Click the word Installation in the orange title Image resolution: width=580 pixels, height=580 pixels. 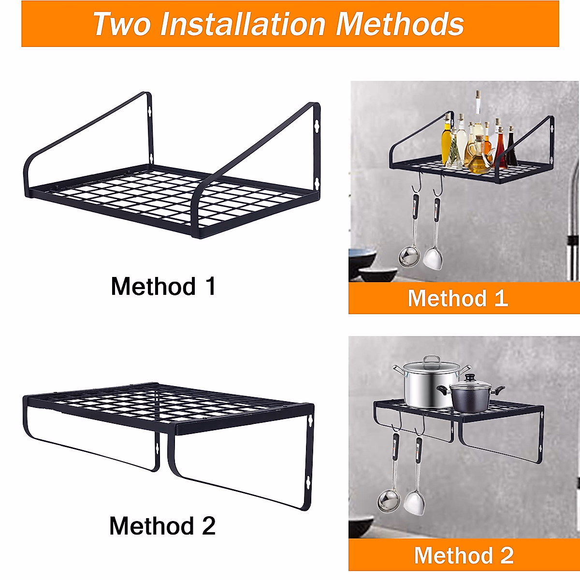pyautogui.click(x=243, y=24)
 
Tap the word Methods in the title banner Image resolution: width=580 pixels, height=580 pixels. pyautogui.click(x=400, y=24)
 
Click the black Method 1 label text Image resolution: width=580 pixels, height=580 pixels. pyautogui.click(x=163, y=286)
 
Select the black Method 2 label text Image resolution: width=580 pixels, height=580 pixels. pyautogui.click(x=162, y=526)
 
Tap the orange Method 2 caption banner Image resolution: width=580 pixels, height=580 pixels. pyautogui.click(x=464, y=555)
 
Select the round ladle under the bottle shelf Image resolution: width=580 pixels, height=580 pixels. pyautogui.click(x=408, y=256)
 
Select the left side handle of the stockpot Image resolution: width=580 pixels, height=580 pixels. pyautogui.click(x=399, y=371)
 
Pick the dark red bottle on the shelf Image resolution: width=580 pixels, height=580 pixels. pyautogui.click(x=510, y=152)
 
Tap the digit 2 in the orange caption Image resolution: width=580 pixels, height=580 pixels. pyautogui.click(x=507, y=555)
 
